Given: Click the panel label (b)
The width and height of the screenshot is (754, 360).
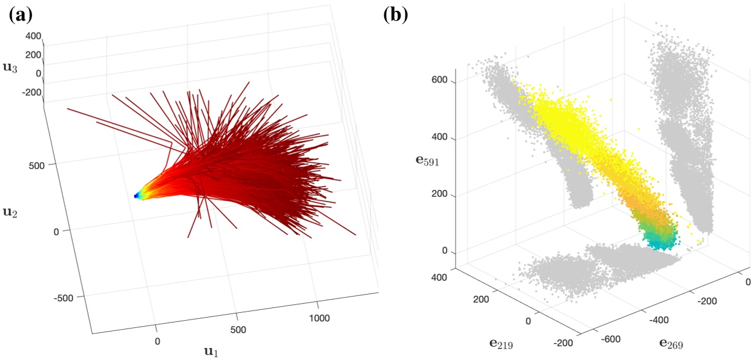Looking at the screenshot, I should (x=396, y=14).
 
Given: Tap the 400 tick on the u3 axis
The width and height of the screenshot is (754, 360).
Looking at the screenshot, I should (x=33, y=36).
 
